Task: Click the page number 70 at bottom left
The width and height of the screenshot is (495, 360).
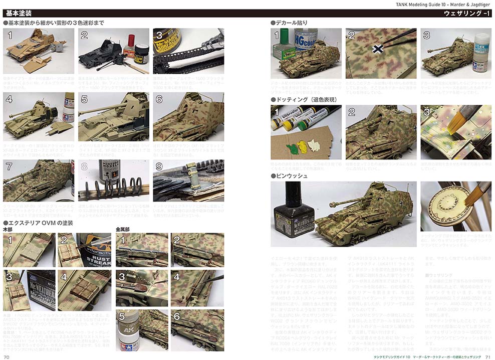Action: click(7, 356)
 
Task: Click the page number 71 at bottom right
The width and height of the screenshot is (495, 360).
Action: click(488, 356)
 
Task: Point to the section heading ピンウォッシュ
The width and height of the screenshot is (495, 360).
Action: click(292, 176)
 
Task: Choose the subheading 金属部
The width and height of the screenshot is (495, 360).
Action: click(124, 229)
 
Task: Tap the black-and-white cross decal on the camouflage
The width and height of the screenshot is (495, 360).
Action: click(379, 49)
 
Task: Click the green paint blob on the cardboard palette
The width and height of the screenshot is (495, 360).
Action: click(290, 149)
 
